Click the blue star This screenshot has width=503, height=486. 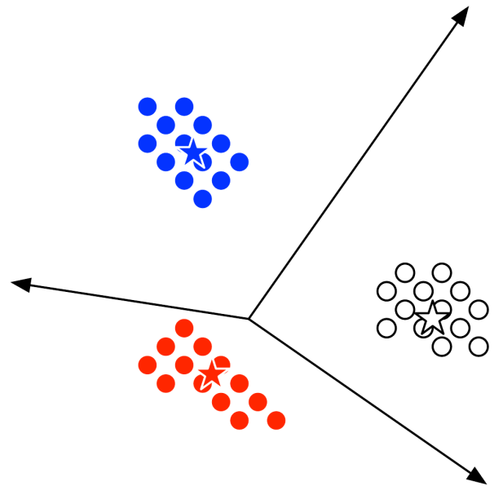pyautogui.click(x=192, y=152)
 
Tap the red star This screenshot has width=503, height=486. pyautogui.click(x=211, y=373)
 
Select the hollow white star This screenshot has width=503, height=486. pyautogui.click(x=432, y=317)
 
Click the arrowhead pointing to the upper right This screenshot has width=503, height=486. pyautogui.click(x=461, y=15)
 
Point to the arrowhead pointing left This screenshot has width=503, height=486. pyautogui.click(x=20, y=284)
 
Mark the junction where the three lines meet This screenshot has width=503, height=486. pyautogui.click(x=249, y=318)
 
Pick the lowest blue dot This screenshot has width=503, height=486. pyautogui.click(x=203, y=198)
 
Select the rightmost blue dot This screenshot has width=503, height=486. pyautogui.click(x=239, y=161)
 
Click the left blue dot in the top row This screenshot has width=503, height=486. pyautogui.click(x=148, y=106)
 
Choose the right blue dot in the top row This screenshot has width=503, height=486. pyautogui.click(x=184, y=106)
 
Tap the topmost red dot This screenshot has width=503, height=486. pyautogui.click(x=184, y=328)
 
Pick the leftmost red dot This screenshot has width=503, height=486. pyautogui.click(x=148, y=364)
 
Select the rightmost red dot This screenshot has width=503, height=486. pyautogui.click(x=276, y=420)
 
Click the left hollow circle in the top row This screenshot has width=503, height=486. pyautogui.click(x=404, y=272)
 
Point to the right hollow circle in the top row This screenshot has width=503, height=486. pyautogui.click(x=442, y=272)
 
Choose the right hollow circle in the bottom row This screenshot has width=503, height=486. pyautogui.click(x=479, y=346)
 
